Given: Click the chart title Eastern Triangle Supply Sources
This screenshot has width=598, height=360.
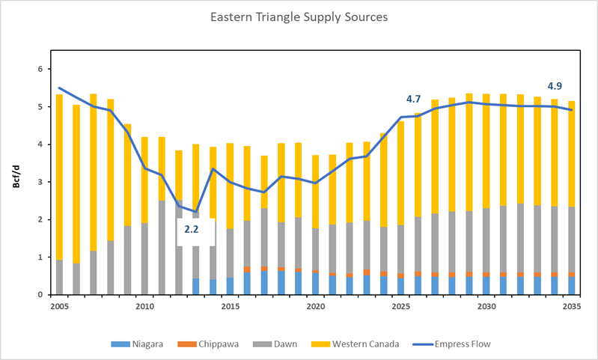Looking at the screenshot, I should [300, 16].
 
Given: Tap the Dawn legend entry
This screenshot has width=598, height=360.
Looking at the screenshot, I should [267, 344].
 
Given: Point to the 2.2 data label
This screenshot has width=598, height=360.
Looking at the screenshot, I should [192, 230].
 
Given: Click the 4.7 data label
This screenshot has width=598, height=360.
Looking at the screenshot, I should [414, 99].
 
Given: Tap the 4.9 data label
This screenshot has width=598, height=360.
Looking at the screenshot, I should [555, 85].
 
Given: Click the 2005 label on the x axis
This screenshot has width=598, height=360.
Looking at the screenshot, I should [60, 308].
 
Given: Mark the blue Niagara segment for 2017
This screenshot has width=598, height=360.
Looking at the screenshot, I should [264, 283].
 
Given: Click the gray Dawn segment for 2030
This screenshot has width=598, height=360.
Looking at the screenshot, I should [486, 240].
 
